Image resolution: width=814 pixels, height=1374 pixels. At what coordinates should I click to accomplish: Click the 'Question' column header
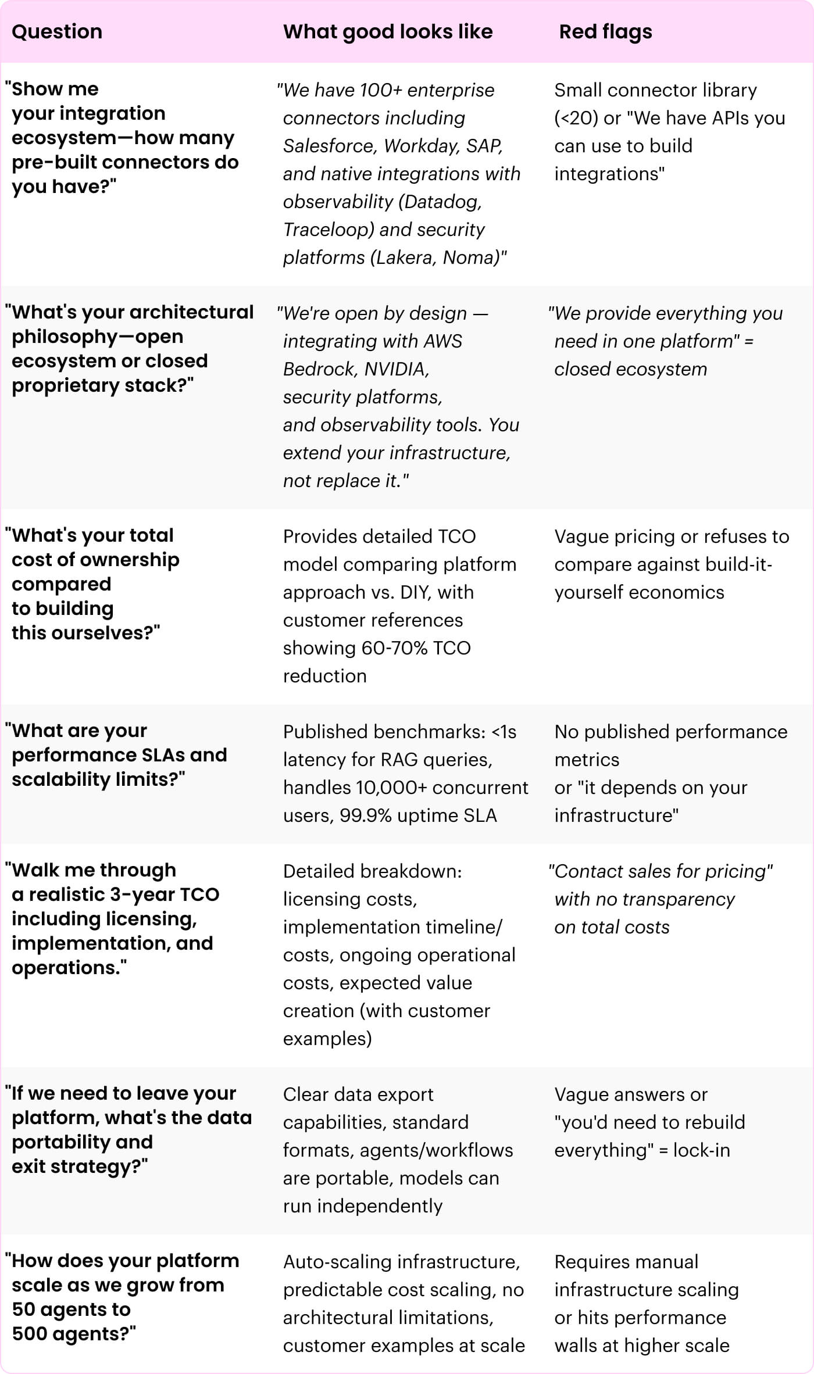coord(57,31)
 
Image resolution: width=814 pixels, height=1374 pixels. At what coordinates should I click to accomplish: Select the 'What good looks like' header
coord(388,31)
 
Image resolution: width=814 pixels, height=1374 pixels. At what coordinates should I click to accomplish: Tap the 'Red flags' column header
coord(605,31)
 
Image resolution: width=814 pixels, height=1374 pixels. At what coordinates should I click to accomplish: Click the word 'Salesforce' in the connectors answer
coord(330,145)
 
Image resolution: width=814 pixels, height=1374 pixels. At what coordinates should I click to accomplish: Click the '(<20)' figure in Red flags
coord(576,118)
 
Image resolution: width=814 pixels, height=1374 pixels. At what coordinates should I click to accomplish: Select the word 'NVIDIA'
coord(396,368)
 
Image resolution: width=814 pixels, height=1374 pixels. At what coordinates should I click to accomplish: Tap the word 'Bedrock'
coord(318,368)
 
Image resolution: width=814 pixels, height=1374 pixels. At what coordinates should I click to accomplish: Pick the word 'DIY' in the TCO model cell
coord(415,592)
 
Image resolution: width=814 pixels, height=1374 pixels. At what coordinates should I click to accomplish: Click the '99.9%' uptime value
coord(365,815)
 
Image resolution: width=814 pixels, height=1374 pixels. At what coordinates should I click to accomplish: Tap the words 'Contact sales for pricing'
coord(661,871)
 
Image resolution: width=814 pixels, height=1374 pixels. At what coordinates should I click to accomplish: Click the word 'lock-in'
coord(701,1150)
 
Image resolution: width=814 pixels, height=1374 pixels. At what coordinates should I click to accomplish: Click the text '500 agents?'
coord(73,1333)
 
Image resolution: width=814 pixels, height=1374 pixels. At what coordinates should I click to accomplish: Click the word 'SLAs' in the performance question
coord(163,754)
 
